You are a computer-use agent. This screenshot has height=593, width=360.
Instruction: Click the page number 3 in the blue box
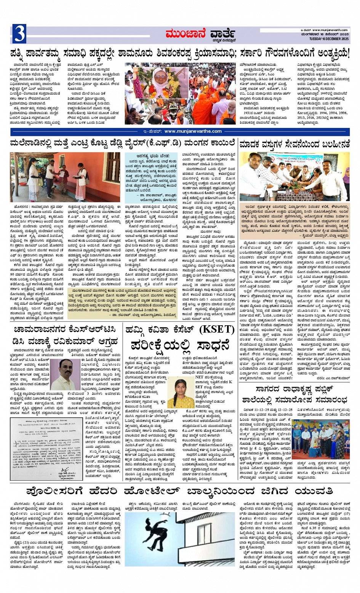pyautogui.click(x=19, y=34)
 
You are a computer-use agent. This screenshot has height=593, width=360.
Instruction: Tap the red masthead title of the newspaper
pyautogui.click(x=200, y=35)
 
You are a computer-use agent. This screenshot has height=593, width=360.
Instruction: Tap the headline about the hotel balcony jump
pyautogui.click(x=179, y=490)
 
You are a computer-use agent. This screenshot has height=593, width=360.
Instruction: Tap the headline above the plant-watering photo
pyautogui.click(x=294, y=144)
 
